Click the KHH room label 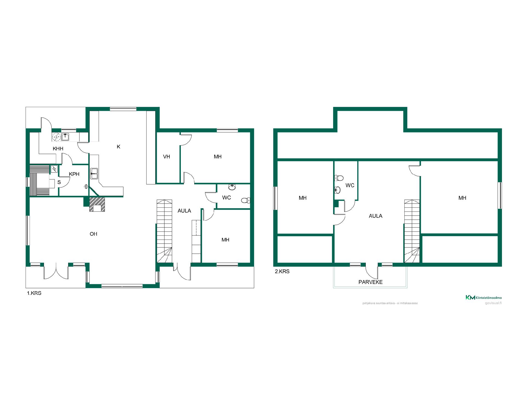click(x=58, y=149)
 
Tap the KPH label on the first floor click(x=74, y=174)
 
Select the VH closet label click(x=167, y=157)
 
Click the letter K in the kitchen click(x=119, y=147)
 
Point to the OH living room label click(x=93, y=234)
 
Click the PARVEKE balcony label click(x=370, y=282)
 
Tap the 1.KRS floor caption click(x=34, y=293)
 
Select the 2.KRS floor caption click(x=282, y=272)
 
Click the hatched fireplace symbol click(x=97, y=204)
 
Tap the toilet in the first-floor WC click(x=246, y=200)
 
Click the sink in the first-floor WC click(x=232, y=187)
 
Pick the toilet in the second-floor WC click(x=339, y=178)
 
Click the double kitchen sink click(x=94, y=174)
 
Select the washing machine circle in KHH click(x=56, y=137)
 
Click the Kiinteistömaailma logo click(x=484, y=298)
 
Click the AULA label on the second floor click(x=376, y=216)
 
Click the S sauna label click(x=59, y=182)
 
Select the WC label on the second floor click(x=350, y=186)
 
